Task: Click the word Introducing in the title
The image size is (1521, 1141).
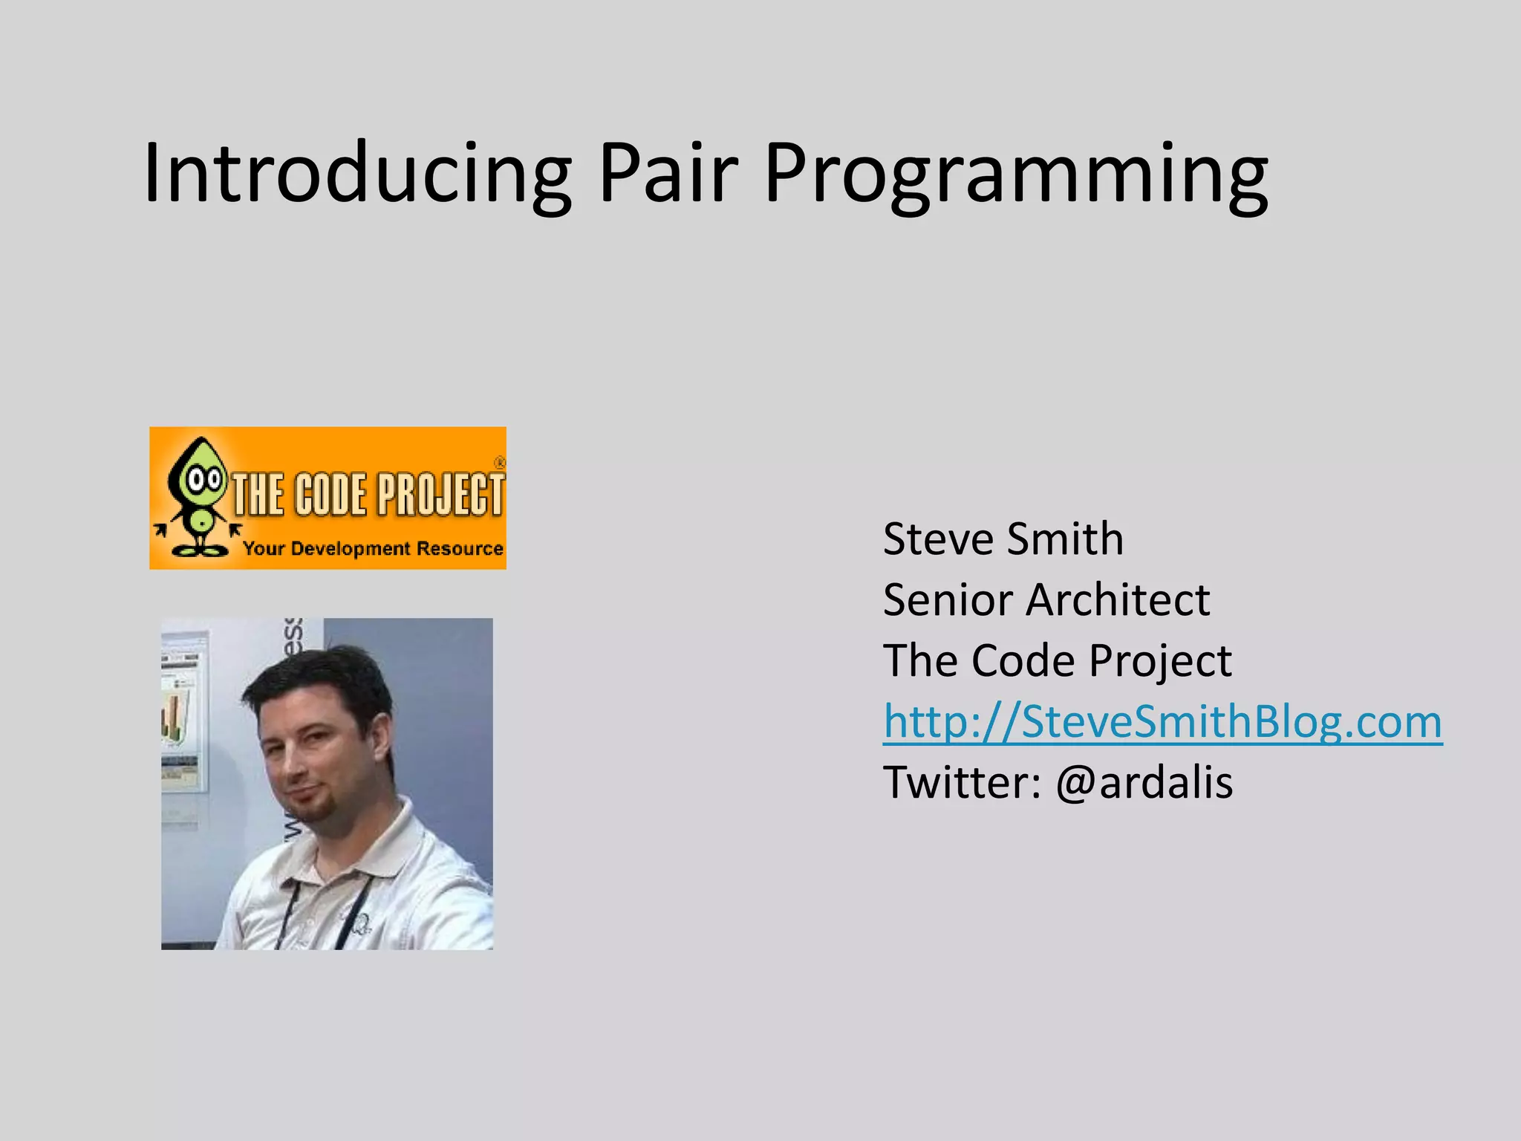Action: [x=356, y=175]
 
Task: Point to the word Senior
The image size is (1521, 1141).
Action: [x=948, y=599]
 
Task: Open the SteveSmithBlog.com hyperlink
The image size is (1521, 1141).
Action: [x=1162, y=721]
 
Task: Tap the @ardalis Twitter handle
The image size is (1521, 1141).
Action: [x=1144, y=782]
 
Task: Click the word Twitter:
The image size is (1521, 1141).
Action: [x=962, y=782]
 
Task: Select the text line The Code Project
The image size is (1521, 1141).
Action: [x=1057, y=660]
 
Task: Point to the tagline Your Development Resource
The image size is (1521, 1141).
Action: [x=373, y=549]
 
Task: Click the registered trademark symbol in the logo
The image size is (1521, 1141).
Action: [x=499, y=462]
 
